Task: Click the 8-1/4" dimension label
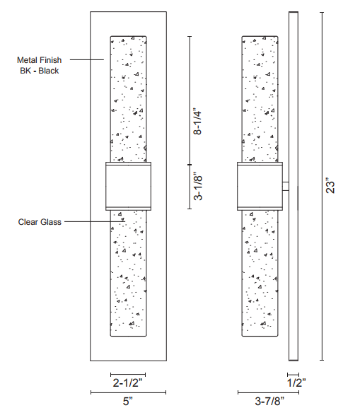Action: click(197, 121)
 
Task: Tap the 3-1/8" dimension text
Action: click(198, 187)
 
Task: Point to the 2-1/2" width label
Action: click(127, 382)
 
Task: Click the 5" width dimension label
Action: click(127, 401)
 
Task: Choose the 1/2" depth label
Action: click(296, 382)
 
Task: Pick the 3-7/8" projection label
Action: click(269, 401)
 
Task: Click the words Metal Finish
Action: click(39, 60)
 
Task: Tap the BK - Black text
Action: click(40, 71)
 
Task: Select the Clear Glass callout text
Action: click(40, 222)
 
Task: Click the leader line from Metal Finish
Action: click(87, 59)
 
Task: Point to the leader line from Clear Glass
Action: click(94, 221)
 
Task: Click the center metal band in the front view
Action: click(129, 187)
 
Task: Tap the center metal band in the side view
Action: click(260, 187)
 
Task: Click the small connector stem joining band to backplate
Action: click(286, 187)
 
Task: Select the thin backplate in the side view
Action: click(294, 186)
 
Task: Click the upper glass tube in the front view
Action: click(129, 99)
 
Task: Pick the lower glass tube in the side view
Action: click(260, 274)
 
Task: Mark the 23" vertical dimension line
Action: click(322, 187)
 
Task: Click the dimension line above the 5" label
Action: click(129, 392)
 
